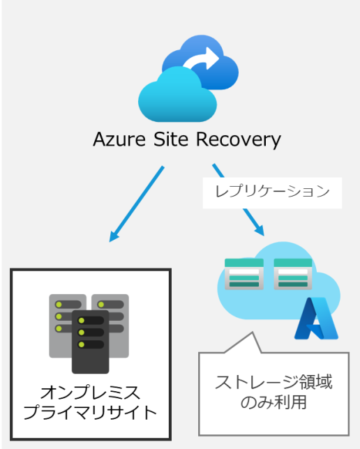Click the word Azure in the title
[119, 139]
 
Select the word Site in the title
[171, 139]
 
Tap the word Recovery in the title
[239, 140]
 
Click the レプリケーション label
[272, 191]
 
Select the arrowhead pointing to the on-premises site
[114, 236]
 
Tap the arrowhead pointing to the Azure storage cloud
[260, 231]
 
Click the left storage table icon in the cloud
[244, 274]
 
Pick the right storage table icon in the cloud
[293, 274]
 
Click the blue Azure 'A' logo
[317, 319]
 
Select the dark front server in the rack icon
[90, 342]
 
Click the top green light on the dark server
[82, 321]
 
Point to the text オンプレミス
[90, 393]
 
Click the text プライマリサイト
[90, 412]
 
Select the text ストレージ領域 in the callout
[273, 382]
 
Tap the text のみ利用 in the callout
[273, 402]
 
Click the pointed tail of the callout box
[253, 333]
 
